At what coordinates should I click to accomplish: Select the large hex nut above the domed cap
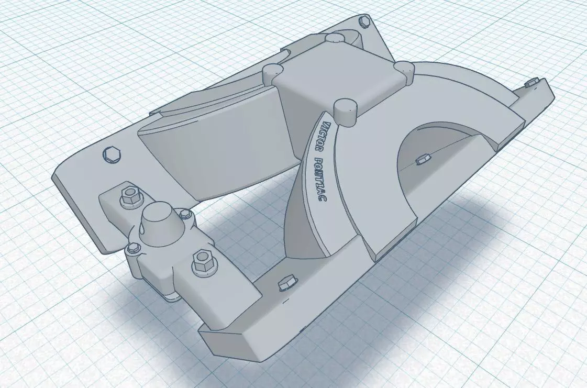129,196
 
